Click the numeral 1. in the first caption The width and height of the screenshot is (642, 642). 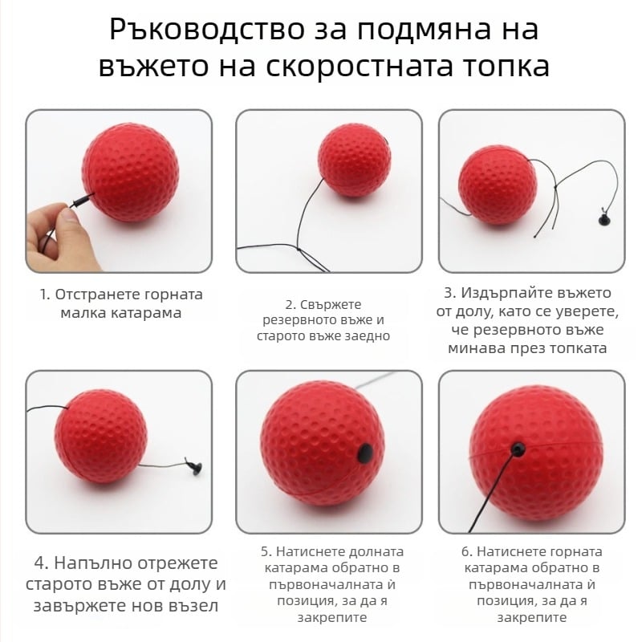[45, 295]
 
